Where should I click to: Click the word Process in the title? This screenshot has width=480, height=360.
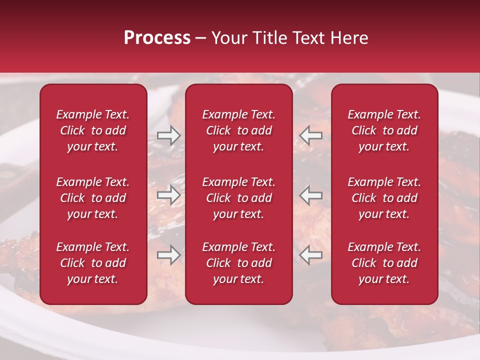[157, 38]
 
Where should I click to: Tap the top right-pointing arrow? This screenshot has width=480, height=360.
[169, 135]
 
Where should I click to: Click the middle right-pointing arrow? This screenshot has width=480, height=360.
[169, 195]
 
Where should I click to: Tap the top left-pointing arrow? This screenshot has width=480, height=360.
[310, 135]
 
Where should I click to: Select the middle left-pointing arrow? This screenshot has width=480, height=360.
[310, 195]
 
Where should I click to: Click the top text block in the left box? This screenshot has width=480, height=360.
[93, 130]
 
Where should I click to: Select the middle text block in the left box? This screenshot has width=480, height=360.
[93, 198]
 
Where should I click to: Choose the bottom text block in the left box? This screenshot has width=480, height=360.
[93, 263]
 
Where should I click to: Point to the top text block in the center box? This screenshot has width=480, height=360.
[239, 130]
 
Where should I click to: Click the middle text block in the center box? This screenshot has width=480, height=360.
[239, 198]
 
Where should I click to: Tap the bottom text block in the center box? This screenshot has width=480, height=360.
[239, 263]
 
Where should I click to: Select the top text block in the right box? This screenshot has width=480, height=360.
[384, 130]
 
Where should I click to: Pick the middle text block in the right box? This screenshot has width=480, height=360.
[384, 198]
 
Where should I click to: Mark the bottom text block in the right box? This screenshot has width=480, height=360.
[384, 263]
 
